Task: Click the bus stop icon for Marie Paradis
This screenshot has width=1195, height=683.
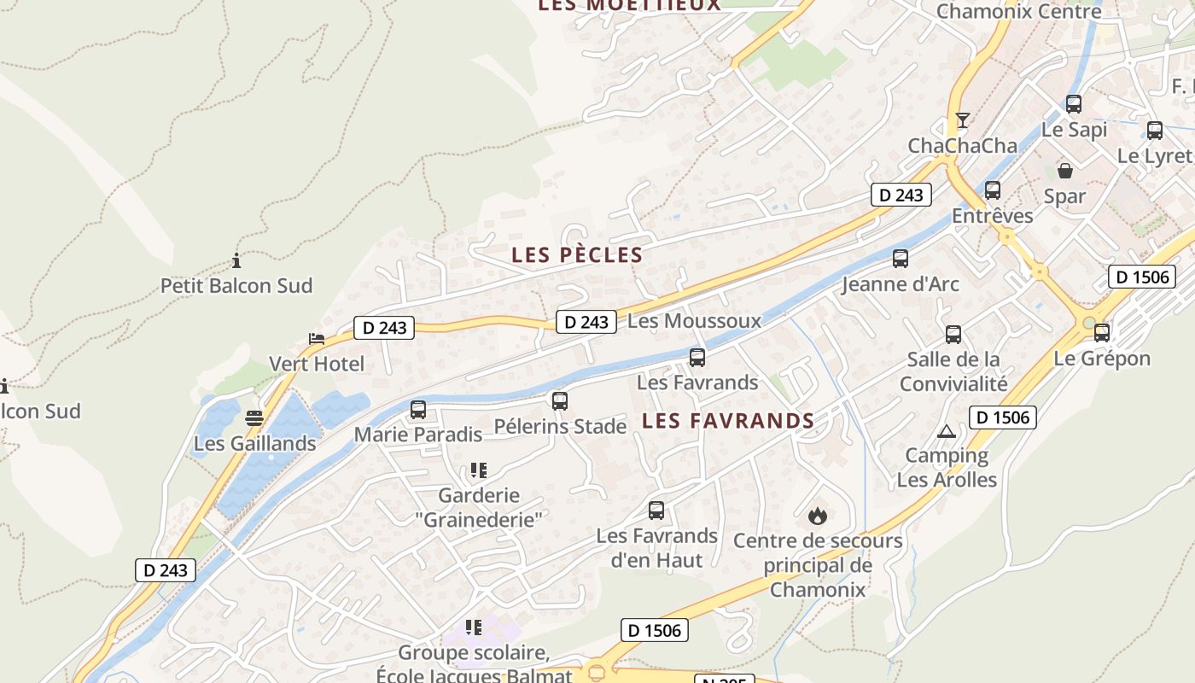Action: [418, 410]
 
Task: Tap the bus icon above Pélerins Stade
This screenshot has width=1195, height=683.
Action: [560, 401]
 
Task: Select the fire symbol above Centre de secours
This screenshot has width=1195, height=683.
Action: [817, 516]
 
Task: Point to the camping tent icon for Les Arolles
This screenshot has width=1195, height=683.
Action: [945, 432]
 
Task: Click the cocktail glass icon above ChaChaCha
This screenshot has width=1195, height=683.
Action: [963, 120]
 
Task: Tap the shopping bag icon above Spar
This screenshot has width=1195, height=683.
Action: [1064, 171]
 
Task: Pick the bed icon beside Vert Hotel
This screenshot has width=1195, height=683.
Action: [317, 339]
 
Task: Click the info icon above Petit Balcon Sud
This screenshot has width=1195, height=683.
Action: [236, 261]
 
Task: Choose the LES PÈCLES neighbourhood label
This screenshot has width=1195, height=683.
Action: [577, 254]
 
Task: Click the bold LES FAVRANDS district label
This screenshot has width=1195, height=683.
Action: [728, 421]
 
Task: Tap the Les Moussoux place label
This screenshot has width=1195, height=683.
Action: [694, 321]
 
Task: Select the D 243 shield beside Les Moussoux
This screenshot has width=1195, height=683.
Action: [586, 322]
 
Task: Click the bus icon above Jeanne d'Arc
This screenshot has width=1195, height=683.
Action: [901, 259]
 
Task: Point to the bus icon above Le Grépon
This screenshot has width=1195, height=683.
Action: [1102, 333]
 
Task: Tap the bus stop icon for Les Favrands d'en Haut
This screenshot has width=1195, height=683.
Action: [656, 511]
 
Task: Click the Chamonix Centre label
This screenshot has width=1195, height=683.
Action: [1019, 12]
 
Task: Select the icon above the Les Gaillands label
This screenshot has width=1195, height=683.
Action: [254, 418]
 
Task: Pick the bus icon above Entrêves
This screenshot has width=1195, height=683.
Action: [993, 190]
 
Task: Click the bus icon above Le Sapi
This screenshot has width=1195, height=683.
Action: [1074, 104]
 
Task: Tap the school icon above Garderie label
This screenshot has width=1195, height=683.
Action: [478, 470]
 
